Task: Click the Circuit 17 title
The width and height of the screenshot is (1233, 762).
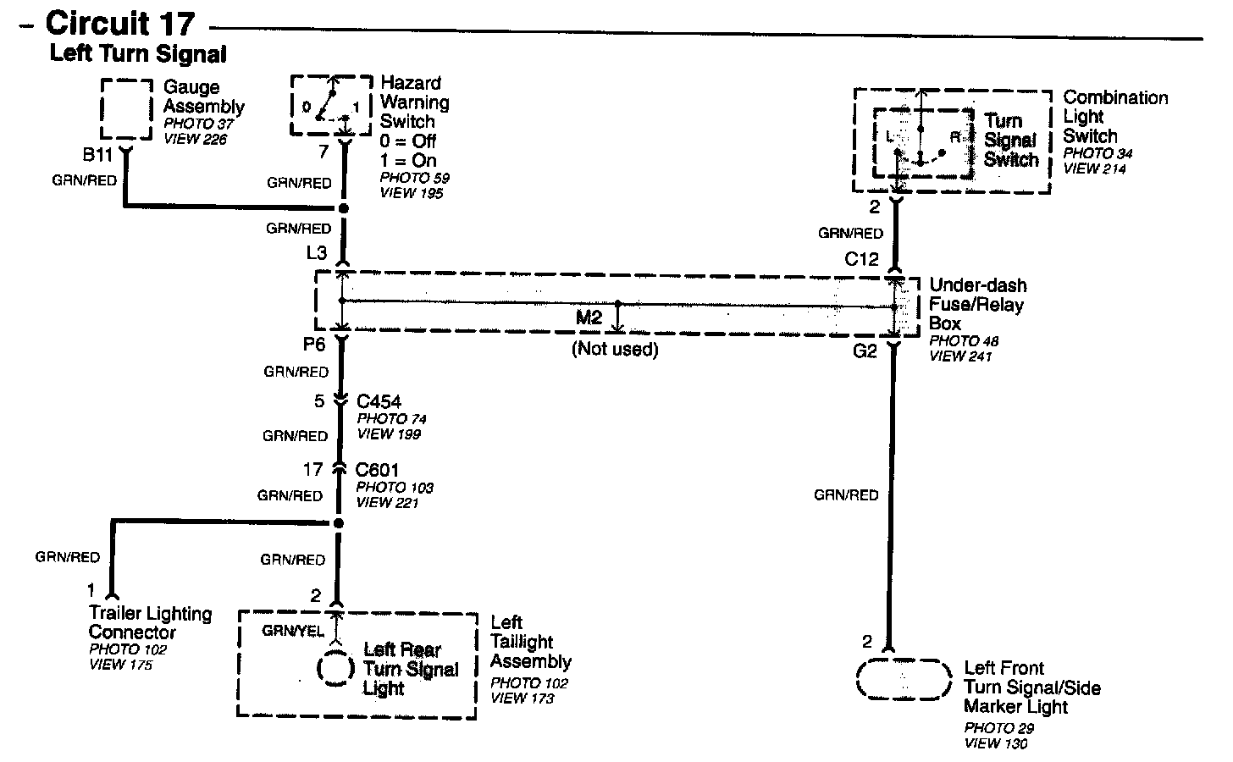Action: coord(119,23)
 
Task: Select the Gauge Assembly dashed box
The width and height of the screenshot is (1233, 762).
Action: coord(126,108)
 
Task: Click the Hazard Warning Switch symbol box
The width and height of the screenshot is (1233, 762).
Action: coord(332,105)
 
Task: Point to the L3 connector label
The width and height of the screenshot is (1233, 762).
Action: coord(317,252)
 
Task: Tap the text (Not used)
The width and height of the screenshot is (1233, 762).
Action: coord(615,349)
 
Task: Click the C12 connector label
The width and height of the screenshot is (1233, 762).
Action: coord(861,259)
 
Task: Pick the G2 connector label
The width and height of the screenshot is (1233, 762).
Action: coord(864,351)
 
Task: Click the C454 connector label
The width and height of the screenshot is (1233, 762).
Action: coord(379,401)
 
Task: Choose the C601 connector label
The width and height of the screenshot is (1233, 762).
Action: coord(377,470)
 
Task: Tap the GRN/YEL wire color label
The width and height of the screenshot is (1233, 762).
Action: coord(292,631)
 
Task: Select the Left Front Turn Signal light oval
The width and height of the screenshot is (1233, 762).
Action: coord(903,679)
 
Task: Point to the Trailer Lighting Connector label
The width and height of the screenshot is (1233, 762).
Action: coord(150,622)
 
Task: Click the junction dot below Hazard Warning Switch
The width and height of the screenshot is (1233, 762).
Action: coord(343,207)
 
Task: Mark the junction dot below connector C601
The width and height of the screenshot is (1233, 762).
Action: coord(338,523)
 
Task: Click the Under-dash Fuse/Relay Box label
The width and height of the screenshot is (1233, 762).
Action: coord(977,305)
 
